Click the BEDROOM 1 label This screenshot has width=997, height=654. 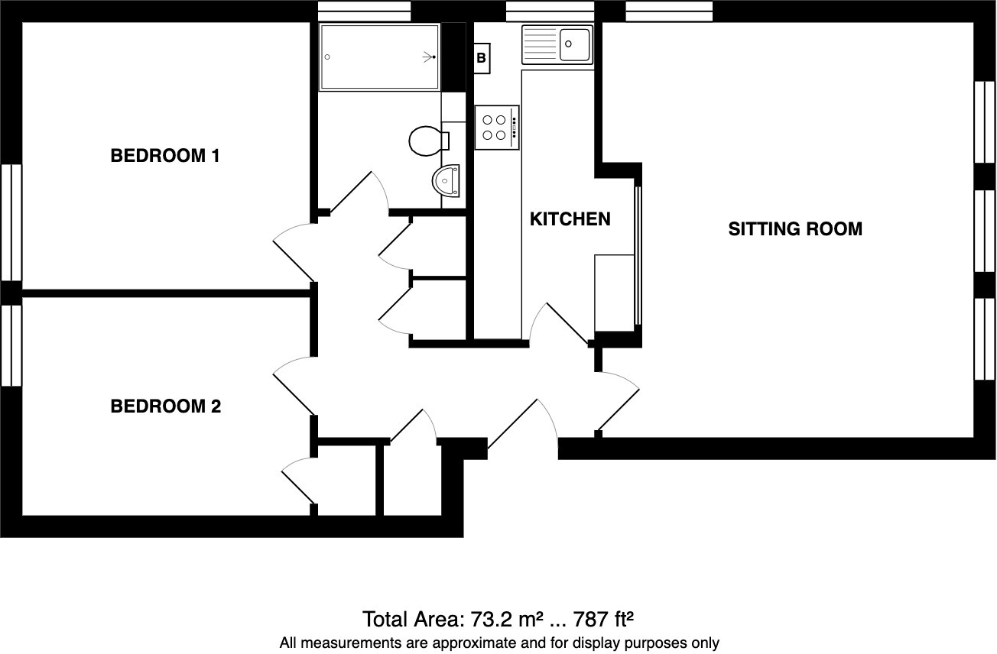tap(165, 157)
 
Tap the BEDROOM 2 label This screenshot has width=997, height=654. tap(165, 406)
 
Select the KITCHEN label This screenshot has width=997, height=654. tap(570, 219)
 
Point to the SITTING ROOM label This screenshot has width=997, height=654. tap(794, 229)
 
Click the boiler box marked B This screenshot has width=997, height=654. tap(482, 58)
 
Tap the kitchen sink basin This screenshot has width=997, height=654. tap(574, 44)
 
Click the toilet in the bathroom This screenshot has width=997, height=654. tap(427, 141)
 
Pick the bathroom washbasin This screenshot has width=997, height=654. tap(446, 181)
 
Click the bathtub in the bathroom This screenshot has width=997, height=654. tap(379, 57)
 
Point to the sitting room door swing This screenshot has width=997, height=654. tap(619, 401)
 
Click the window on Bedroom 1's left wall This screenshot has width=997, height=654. tap(11, 222)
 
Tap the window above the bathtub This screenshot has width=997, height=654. tap(364, 11)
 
